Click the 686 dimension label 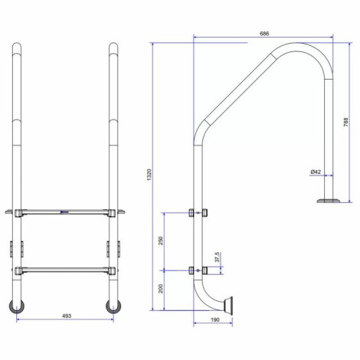(x=264, y=34)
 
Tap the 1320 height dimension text (x=149, y=175)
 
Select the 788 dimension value (x=345, y=123)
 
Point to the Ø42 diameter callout (x=316, y=172)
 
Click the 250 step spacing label (x=161, y=241)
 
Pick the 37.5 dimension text (x=217, y=257)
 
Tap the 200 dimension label (x=161, y=289)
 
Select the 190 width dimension (x=215, y=319)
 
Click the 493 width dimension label (x=67, y=316)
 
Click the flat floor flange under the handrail (x=329, y=201)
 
